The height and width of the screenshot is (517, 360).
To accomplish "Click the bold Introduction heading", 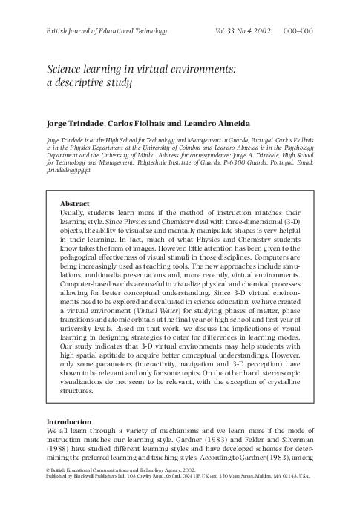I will pyautogui.click(x=72, y=421).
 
